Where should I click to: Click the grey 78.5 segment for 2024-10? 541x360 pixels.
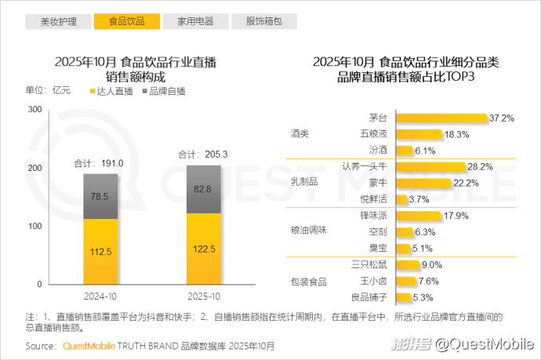coord(100,196)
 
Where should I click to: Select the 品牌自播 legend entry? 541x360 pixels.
coord(165,91)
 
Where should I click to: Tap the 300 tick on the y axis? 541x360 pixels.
coord(34,110)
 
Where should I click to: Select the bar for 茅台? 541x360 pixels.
coord(441,118)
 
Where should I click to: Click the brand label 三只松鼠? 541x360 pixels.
coord(369,264)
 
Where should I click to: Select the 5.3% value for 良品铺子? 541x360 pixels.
coord(423,297)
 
